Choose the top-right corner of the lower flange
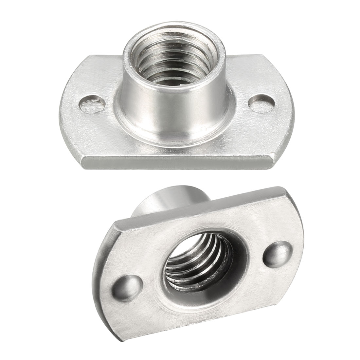pos(288,189)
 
